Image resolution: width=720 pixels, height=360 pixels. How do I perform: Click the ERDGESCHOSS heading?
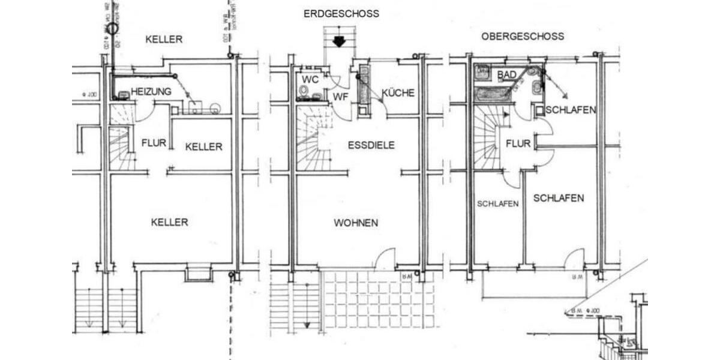pyautogui.click(x=341, y=14)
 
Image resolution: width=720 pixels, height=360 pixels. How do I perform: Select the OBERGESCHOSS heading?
pyautogui.click(x=522, y=36)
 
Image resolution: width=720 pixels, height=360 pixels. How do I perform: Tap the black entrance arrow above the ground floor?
pyautogui.click(x=338, y=41)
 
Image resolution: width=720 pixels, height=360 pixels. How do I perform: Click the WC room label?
pyautogui.click(x=310, y=80)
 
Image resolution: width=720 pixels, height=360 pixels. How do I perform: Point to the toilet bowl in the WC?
pyautogui.click(x=304, y=91)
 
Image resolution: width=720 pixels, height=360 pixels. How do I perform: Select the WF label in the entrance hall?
pyautogui.click(x=341, y=96)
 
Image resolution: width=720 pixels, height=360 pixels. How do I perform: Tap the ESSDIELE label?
pyautogui.click(x=371, y=145)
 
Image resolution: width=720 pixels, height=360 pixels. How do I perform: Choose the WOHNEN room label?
pyautogui.click(x=356, y=223)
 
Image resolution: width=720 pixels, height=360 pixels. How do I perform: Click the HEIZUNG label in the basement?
pyautogui.click(x=151, y=91)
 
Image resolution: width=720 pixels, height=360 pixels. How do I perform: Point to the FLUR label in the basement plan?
pyautogui.click(x=154, y=143)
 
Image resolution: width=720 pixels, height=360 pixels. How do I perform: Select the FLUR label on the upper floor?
pyautogui.click(x=518, y=144)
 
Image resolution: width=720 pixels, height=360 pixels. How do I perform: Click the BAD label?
pyautogui.click(x=507, y=74)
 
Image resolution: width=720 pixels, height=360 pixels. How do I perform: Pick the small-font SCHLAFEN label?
pyautogui.click(x=497, y=203)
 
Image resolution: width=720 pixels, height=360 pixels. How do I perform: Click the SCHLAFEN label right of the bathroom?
pyautogui.click(x=571, y=110)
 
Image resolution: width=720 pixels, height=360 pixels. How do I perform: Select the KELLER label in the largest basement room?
pyautogui.click(x=169, y=222)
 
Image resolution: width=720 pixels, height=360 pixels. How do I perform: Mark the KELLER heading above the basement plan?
pyautogui.click(x=164, y=40)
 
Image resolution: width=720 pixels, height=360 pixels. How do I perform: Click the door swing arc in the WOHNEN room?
pyautogui.click(x=384, y=259)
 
